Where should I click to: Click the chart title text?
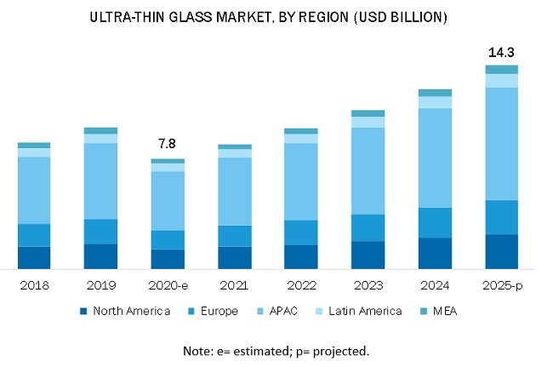click(276, 17)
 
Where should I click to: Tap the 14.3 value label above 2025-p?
click(501, 53)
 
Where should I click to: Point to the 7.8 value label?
click(167, 145)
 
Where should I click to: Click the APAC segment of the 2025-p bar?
click(501, 143)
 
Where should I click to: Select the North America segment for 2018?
click(34, 258)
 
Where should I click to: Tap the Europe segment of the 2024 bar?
click(435, 222)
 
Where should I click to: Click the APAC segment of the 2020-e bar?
click(167, 201)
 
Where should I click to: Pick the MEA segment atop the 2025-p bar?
click(501, 69)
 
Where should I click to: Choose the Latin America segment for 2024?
click(435, 102)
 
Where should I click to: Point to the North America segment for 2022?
click(300, 257)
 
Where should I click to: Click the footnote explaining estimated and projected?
click(276, 351)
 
